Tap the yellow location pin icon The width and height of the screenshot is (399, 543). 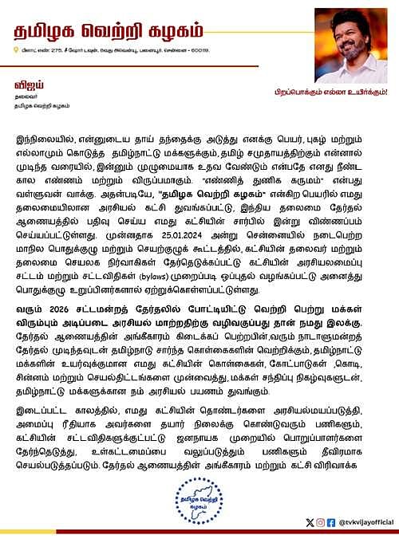[17, 52]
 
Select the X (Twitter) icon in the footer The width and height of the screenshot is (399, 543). [310, 521]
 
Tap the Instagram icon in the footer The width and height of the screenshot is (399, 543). [321, 521]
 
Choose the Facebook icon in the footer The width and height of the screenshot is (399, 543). [331, 521]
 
